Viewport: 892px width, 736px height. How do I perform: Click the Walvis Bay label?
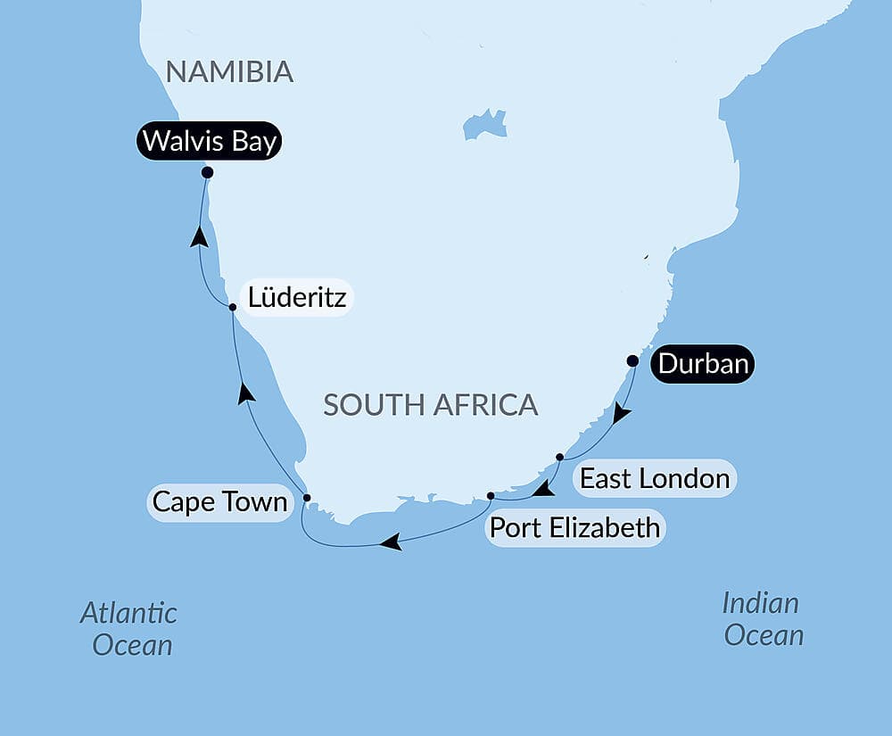point(209,142)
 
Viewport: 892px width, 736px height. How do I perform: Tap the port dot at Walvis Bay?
point(207,172)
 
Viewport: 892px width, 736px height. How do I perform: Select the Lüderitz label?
point(297,297)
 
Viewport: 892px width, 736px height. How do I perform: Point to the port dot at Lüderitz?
point(232,307)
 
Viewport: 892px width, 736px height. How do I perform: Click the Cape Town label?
point(219,501)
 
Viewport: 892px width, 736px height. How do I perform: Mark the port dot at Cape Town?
point(307,498)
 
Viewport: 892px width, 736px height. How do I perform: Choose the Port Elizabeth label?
point(575,527)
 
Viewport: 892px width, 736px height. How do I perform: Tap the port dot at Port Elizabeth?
point(491,495)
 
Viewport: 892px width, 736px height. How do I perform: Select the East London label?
point(655,478)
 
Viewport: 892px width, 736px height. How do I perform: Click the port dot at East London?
point(559,457)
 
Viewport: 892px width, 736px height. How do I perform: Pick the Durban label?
point(703,364)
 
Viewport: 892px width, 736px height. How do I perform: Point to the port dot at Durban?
point(632,361)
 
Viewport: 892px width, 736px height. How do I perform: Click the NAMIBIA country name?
point(229,72)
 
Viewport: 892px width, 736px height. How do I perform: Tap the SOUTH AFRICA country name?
point(430,404)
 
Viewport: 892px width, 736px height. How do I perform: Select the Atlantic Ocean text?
point(129,629)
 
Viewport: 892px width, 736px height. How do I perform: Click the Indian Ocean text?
point(763,618)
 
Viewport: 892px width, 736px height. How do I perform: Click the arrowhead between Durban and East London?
point(621,414)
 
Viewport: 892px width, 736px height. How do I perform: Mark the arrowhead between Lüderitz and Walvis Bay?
point(200,236)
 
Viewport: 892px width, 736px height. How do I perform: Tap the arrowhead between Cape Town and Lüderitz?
point(246,393)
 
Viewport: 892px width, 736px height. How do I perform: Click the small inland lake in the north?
point(485,123)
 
